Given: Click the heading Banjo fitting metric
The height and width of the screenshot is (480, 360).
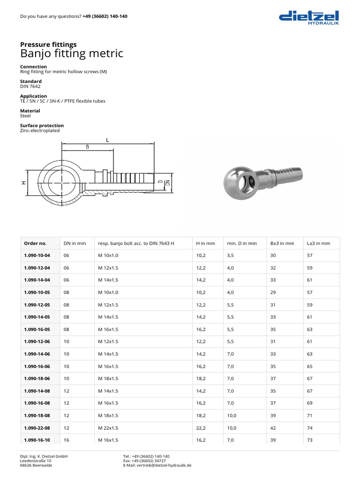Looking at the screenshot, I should [72, 53].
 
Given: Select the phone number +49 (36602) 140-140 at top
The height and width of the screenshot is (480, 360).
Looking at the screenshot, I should [105, 16].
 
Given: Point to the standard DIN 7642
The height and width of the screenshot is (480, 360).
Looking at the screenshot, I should [30, 86].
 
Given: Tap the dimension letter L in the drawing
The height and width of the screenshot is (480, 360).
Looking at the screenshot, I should [107, 140].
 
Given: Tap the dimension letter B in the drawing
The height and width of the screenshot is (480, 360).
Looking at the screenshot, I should [87, 147].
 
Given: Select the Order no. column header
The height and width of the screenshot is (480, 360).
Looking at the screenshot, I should [35, 243].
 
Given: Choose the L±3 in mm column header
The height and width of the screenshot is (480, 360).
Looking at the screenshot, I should [319, 243].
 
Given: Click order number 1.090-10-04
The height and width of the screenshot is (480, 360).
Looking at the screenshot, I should [37, 255].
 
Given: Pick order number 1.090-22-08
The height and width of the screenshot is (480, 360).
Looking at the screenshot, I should [37, 428].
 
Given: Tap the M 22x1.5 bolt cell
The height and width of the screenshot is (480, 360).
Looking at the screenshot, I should [108, 428].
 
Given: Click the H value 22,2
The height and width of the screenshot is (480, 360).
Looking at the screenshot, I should [201, 428].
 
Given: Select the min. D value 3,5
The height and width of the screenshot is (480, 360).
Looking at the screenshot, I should [232, 255].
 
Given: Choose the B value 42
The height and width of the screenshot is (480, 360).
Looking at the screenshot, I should [273, 428].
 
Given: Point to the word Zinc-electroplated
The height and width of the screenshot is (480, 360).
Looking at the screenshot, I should [40, 131].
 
